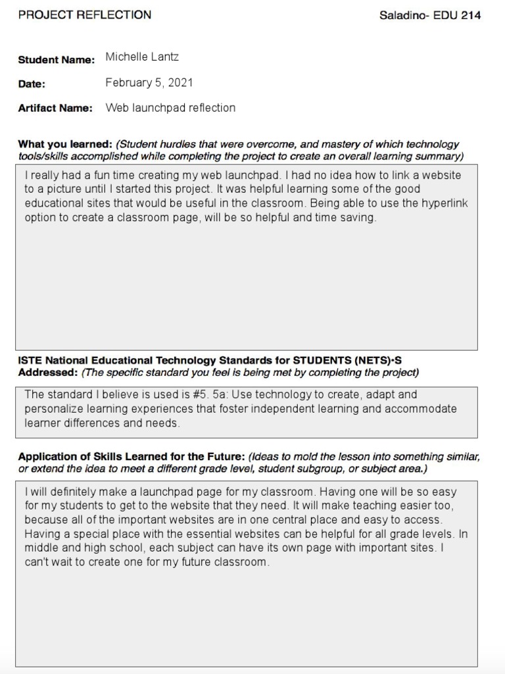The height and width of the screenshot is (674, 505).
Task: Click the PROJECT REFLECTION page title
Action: click(x=84, y=14)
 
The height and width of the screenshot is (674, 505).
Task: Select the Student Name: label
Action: click(x=57, y=60)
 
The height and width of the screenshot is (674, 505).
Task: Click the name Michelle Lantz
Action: click(x=142, y=57)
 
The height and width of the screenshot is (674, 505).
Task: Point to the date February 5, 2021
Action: click(x=149, y=82)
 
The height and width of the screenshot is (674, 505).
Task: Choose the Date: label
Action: click(x=32, y=84)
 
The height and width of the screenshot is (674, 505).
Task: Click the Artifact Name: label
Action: click(x=55, y=109)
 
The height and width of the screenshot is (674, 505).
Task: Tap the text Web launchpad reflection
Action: click(x=170, y=108)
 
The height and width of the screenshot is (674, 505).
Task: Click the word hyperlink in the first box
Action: click(x=445, y=203)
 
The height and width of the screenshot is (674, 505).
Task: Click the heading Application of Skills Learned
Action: click(x=112, y=457)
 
